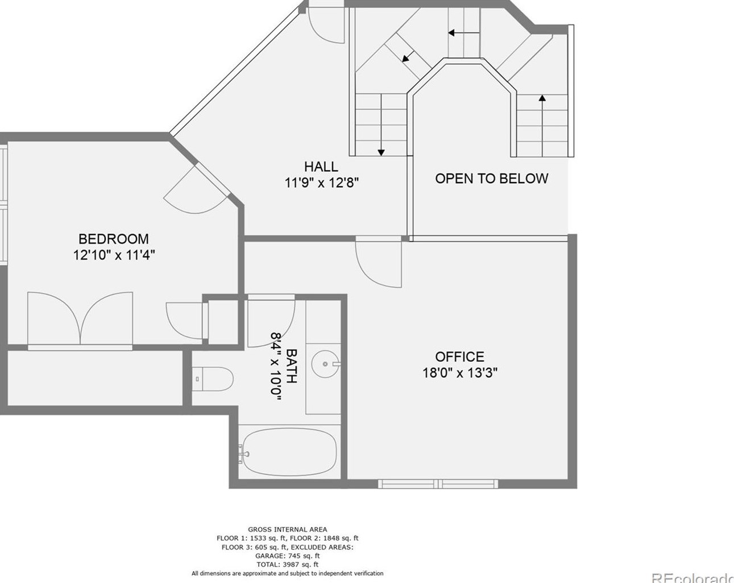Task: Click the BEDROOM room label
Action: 114,239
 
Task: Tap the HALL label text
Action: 321,167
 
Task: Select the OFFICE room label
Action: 459,357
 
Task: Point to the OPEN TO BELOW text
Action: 491,179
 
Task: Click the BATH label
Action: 291,366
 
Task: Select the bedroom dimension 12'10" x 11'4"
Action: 114,255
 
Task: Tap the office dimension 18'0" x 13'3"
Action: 460,373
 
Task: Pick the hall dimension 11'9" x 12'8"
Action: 322,183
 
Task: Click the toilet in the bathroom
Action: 213,379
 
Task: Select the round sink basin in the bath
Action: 325,364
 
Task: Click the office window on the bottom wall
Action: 438,483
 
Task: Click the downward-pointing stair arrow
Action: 381,125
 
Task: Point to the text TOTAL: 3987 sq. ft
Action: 288,564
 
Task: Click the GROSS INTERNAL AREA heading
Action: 288,530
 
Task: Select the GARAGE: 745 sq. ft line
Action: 288,556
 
